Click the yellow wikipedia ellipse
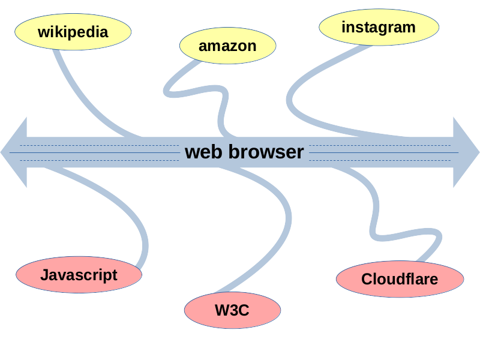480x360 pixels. (x=73, y=32)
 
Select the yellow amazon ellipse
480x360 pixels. (x=227, y=46)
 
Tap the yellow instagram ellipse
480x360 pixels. (x=378, y=28)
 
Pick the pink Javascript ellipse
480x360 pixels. (x=79, y=275)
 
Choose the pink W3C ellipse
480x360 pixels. (x=232, y=311)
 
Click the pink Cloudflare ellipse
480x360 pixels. (x=400, y=279)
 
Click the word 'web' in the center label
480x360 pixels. (x=204, y=152)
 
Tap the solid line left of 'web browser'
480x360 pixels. (x=96, y=153)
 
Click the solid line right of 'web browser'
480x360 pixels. (x=384, y=153)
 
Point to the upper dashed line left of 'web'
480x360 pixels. (x=96, y=145)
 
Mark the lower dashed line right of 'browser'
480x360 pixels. (x=384, y=160)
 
